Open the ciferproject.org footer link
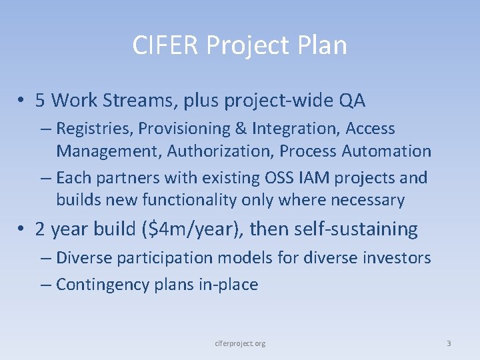[240, 343]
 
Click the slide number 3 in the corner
[449, 343]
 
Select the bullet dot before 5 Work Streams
[23, 101]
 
